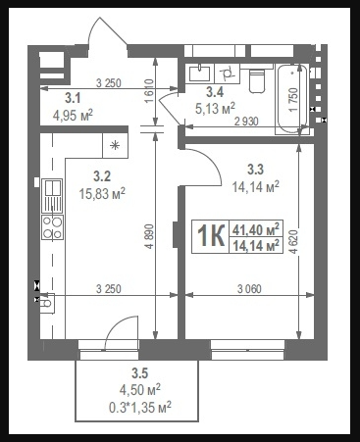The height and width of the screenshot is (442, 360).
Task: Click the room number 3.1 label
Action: [x=73, y=98]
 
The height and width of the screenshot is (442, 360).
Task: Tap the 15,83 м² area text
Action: [x=102, y=194]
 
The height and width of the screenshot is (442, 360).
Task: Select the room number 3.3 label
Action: [x=255, y=170]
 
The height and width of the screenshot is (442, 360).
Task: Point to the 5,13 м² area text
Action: [x=215, y=108]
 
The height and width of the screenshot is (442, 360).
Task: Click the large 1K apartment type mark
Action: [x=211, y=236]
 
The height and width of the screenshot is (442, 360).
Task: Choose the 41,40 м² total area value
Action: [x=256, y=229]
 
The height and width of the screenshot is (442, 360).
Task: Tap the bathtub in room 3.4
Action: [x=291, y=99]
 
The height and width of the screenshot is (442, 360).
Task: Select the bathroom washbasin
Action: [x=199, y=73]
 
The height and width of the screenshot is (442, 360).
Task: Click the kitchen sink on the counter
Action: [x=52, y=196]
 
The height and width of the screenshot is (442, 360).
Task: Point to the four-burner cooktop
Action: [x=53, y=227]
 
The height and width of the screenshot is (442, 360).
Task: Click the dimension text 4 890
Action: [x=149, y=236]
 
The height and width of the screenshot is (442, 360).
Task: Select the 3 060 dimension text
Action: [x=249, y=289]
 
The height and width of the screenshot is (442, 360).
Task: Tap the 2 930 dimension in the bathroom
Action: [x=246, y=122]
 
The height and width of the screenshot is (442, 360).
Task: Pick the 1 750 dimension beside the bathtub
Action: [x=293, y=99]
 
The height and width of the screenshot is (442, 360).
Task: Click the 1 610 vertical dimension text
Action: [x=149, y=91]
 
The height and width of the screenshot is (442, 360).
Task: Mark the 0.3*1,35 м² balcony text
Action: [x=140, y=408]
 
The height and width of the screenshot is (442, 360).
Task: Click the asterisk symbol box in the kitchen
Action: [x=115, y=145]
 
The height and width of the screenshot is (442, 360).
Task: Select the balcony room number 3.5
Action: [x=140, y=372]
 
